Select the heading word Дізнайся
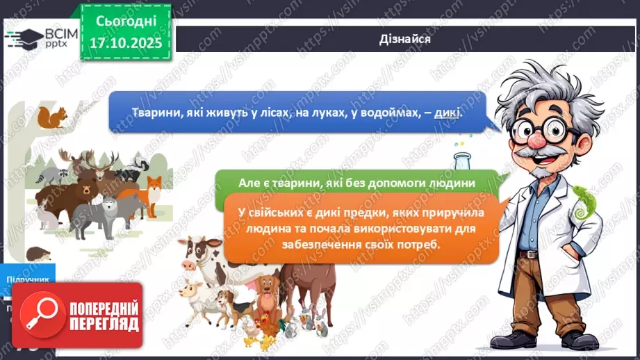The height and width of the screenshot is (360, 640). point(407,39)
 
